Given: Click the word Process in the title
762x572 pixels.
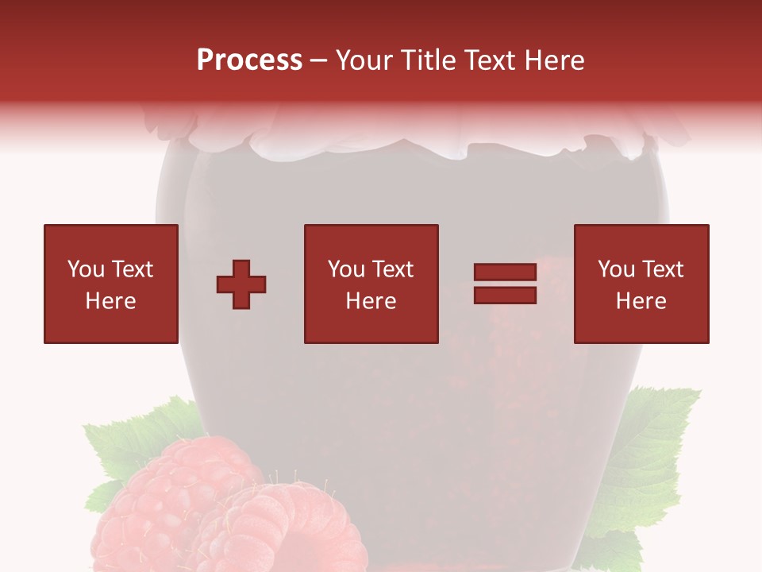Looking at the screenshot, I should pyautogui.click(x=249, y=60).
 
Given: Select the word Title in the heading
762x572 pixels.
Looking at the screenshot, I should pyautogui.click(x=430, y=60).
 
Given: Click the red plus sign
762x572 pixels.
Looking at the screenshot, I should pyautogui.click(x=241, y=284).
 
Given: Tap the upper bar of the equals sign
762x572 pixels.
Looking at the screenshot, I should pyautogui.click(x=505, y=272).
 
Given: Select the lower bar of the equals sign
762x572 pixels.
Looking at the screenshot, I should pyautogui.click(x=505, y=296).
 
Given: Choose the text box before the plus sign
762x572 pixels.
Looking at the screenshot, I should pyautogui.click(x=110, y=284).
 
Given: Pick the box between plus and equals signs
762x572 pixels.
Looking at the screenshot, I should pyautogui.click(x=371, y=284).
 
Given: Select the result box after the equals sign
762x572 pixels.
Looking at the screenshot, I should pyautogui.click(x=641, y=284).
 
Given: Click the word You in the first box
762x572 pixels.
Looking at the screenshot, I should pyautogui.click(x=85, y=269).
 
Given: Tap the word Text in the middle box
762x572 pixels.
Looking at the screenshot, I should pyautogui.click(x=393, y=269).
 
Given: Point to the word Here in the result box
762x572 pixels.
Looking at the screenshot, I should pyautogui.click(x=641, y=301).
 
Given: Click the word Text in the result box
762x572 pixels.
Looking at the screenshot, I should pyautogui.click(x=663, y=269).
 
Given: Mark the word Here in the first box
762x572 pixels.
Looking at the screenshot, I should pyautogui.click(x=110, y=301).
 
